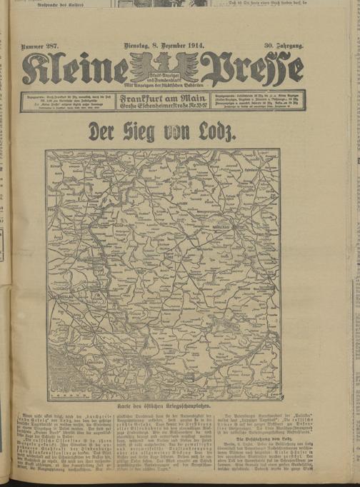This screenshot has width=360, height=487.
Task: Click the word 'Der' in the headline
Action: (x=103, y=132)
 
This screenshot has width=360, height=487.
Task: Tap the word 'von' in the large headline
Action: (x=186, y=132)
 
